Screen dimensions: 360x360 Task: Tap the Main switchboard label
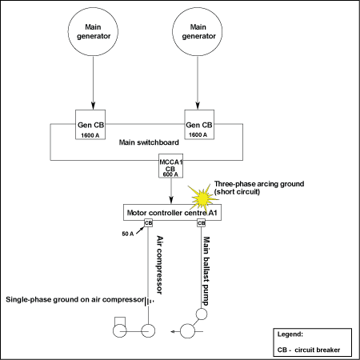(149, 142)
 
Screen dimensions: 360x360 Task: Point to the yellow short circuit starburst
(202, 198)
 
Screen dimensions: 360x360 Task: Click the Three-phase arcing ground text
(259, 184)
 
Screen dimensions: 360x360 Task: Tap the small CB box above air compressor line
(148, 222)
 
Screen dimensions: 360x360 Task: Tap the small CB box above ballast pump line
(202, 222)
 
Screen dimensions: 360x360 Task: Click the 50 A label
(128, 234)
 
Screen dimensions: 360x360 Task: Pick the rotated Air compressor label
(159, 265)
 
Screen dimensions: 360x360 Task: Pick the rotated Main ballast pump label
(206, 271)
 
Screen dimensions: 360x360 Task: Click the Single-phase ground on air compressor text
(75, 300)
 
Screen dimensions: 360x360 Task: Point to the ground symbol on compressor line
(150, 302)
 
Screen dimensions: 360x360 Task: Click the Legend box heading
(290, 334)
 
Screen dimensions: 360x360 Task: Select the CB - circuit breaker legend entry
(309, 350)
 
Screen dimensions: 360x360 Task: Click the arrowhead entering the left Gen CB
(93, 106)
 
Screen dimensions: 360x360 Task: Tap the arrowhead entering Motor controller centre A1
(171, 200)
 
